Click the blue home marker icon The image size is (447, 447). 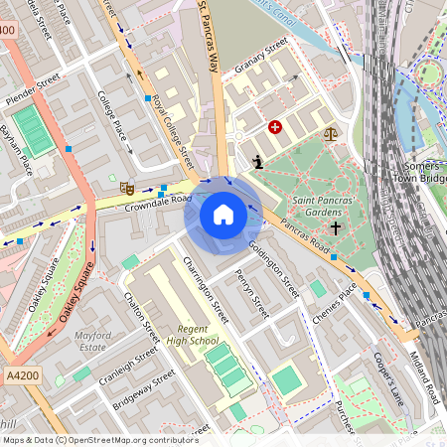tap(223, 214)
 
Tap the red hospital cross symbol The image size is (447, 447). tap(275, 127)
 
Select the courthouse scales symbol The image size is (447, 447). tap(328, 130)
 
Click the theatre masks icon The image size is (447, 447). tap(127, 186)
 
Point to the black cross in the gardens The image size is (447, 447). tap(335, 228)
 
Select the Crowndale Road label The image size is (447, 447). tap(157, 201)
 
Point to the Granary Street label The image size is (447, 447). tap(260, 59)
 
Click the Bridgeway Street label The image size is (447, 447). tap(143, 390)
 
